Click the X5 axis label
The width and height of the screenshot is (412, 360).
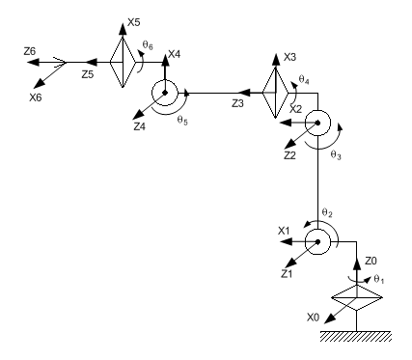pyautogui.click(x=134, y=22)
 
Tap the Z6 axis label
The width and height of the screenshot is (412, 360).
pyautogui.click(x=30, y=51)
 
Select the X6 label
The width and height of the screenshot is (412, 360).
pyautogui.click(x=36, y=97)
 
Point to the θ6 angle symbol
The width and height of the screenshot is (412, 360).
pyautogui.click(x=148, y=45)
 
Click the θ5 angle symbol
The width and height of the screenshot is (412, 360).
pyautogui.click(x=182, y=121)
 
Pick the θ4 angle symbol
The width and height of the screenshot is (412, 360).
pyautogui.click(x=304, y=79)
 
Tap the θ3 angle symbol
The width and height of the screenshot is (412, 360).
pyautogui.click(x=336, y=155)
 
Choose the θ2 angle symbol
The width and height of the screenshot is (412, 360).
pyautogui.click(x=327, y=212)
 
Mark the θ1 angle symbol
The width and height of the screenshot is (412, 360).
pyautogui.click(x=379, y=279)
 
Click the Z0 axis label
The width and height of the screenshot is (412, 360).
pyautogui.click(x=371, y=261)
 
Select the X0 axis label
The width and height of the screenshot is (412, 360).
pyautogui.click(x=313, y=318)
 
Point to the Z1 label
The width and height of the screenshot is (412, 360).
pyautogui.click(x=287, y=274)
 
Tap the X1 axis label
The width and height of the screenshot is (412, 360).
pyautogui.click(x=284, y=231)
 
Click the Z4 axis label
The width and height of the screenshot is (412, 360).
pyautogui.click(x=140, y=126)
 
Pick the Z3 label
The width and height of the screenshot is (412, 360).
pyautogui.click(x=237, y=103)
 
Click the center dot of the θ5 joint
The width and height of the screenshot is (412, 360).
pyautogui.click(x=165, y=93)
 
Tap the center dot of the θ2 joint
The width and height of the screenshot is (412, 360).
pyautogui.click(x=317, y=241)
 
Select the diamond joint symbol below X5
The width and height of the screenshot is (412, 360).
pyautogui.click(x=123, y=62)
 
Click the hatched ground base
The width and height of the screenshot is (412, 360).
pyautogui.click(x=356, y=336)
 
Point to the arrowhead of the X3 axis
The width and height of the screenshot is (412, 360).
pyautogui.click(x=276, y=60)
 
